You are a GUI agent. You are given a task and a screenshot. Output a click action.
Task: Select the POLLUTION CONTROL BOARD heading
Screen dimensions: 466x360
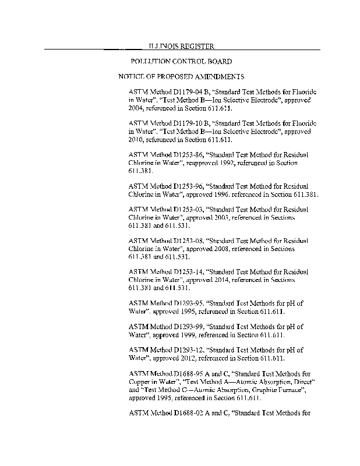pos(181,61)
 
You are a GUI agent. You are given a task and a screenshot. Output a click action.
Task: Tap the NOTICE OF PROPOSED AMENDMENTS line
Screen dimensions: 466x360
pos(181,77)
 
